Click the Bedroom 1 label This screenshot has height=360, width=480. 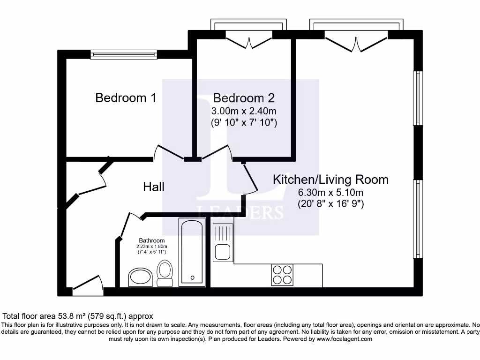point(126,97)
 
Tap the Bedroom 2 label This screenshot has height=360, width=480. point(244,98)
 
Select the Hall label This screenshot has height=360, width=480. point(154,187)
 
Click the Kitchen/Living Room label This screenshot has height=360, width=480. point(330,179)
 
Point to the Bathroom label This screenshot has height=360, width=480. point(151,240)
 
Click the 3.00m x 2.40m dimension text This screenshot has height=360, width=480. point(244,112)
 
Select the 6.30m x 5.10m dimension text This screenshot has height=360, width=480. point(330,193)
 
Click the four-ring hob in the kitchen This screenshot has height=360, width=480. point(282,275)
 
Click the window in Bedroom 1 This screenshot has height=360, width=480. point(124,55)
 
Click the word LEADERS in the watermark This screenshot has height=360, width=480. point(240,212)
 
